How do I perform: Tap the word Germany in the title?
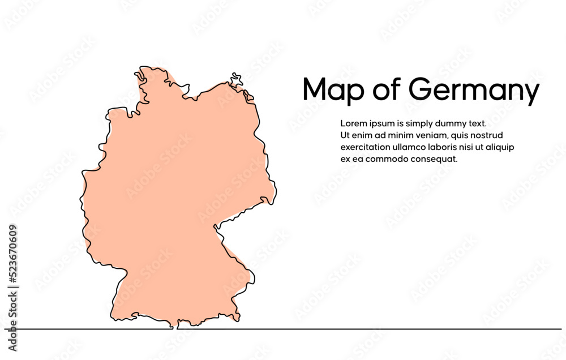(x=473, y=92)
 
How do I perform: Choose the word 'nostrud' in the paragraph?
(x=487, y=135)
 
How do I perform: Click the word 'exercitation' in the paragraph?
(x=366, y=147)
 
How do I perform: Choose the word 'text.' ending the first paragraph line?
(x=477, y=123)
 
